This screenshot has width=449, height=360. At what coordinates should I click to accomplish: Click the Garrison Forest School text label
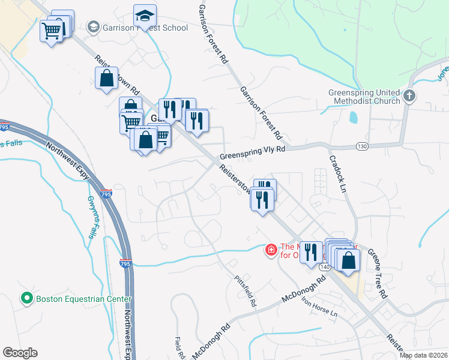point(145,28)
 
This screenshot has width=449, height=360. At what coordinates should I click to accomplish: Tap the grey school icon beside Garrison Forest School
point(93,27)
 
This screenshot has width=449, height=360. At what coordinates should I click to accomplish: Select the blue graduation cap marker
point(144,16)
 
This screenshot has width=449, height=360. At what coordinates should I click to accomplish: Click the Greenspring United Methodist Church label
point(364,97)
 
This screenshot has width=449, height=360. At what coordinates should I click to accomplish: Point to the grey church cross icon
point(408,96)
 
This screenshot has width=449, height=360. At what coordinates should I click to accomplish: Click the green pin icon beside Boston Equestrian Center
point(26,298)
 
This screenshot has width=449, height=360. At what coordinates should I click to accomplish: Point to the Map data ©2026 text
point(423,355)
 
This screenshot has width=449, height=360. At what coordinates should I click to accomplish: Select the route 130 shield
point(362,146)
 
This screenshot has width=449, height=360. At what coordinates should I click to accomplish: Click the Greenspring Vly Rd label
point(252,153)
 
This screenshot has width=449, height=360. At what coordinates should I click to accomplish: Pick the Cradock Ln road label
point(339,175)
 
